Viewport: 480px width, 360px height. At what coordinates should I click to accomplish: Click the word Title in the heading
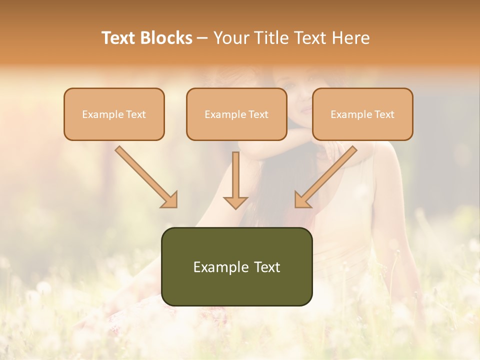click(270, 38)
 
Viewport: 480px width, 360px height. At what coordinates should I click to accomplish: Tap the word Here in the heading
click(349, 38)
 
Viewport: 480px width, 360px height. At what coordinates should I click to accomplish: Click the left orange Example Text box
click(114, 114)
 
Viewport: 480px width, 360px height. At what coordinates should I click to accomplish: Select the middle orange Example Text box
click(236, 114)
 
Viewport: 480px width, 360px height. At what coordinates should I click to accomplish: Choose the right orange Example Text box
click(362, 114)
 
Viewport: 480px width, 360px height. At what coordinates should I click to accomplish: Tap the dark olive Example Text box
click(236, 267)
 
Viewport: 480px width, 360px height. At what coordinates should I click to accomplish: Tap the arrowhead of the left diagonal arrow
click(170, 200)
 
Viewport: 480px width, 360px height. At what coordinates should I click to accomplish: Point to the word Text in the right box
click(384, 114)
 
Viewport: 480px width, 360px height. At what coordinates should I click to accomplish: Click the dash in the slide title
click(202, 38)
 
